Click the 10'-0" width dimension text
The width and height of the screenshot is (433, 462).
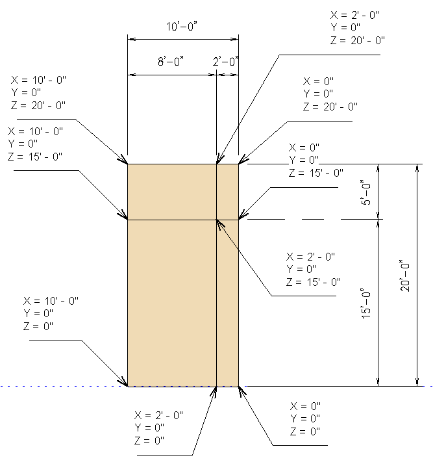click(182, 27)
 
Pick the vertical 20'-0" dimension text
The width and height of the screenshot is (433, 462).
click(405, 276)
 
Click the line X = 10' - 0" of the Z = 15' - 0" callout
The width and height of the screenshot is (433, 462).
click(36, 131)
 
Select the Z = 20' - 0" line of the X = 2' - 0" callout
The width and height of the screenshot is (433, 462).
click(357, 40)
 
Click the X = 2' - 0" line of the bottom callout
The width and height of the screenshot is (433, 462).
click(159, 415)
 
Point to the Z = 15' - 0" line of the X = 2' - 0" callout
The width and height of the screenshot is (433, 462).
click(314, 281)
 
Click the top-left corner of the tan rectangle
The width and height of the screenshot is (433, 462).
click(128, 164)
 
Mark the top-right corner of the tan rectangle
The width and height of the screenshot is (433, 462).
click(238, 164)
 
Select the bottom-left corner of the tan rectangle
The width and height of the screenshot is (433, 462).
click(128, 386)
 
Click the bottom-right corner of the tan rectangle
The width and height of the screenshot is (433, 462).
click(238, 386)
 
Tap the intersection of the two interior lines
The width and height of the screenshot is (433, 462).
click(216, 220)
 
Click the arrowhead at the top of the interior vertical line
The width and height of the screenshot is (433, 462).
click(218, 160)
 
